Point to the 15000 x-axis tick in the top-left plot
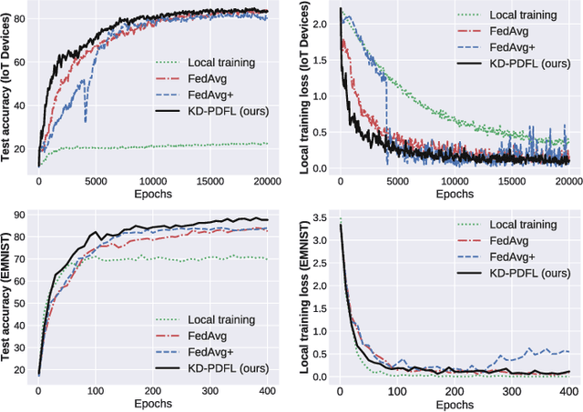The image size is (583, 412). [210, 181]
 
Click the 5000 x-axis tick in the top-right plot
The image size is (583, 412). [396, 181]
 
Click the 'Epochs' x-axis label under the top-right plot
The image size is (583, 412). [454, 195]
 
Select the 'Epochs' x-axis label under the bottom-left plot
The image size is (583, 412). [152, 403]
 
